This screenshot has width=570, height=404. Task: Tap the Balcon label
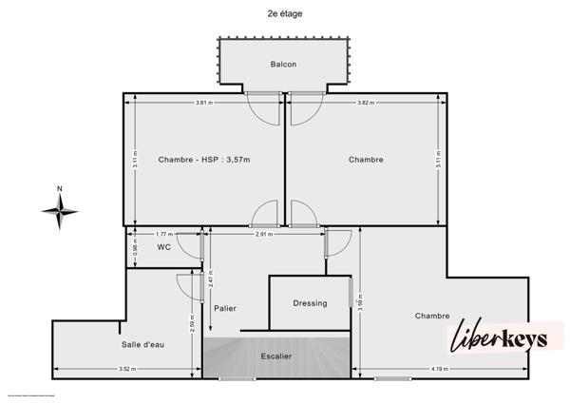click(283, 65)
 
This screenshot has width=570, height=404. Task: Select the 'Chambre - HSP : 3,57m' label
click(204, 160)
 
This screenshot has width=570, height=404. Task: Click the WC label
click(164, 247)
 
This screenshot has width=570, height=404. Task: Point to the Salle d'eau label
click(142, 344)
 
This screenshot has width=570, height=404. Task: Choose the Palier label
click(225, 308)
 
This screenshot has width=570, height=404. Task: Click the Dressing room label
click(310, 303)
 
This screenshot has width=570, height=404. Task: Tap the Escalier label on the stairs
click(276, 356)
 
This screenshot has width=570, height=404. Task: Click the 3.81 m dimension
click(203, 102)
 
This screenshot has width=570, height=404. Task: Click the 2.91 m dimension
click(264, 233)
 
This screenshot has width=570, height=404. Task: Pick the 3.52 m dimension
click(125, 369)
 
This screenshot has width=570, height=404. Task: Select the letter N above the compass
click(59, 188)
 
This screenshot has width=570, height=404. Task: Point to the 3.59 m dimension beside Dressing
click(360, 304)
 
